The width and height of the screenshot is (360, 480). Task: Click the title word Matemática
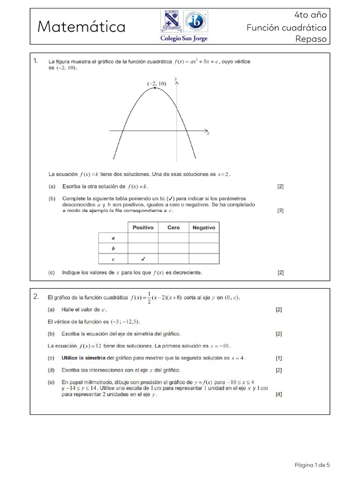[x=82, y=27]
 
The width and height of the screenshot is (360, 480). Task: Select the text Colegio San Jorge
[x=184, y=38]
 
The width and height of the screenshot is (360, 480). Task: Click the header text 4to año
[x=315, y=15]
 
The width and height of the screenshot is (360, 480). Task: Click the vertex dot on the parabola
[x=155, y=88]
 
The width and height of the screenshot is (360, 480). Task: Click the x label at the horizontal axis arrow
[x=208, y=134]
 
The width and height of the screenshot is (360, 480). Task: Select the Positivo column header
[x=143, y=228]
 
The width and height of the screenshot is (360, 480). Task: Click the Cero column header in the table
[x=173, y=228]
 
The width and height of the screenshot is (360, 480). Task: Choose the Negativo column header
[x=204, y=228]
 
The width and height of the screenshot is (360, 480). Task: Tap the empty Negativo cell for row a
[x=204, y=238]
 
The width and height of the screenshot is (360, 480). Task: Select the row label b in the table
[x=113, y=248]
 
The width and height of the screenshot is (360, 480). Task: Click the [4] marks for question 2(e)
[x=279, y=395]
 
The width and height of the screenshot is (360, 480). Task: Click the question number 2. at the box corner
[x=36, y=296]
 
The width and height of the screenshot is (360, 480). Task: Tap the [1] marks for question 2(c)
[x=279, y=358]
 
